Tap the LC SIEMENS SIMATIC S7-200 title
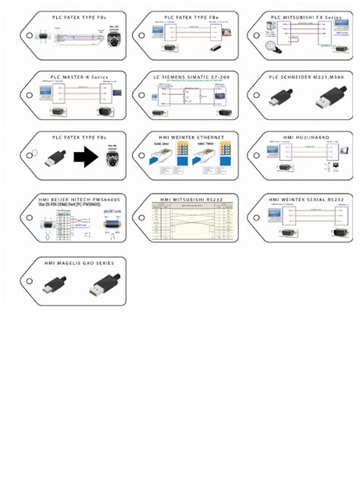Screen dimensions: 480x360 point(188,77)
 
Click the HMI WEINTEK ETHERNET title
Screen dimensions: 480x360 point(188,137)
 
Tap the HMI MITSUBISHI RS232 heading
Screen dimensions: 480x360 point(188,198)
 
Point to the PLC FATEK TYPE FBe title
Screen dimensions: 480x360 point(188,15)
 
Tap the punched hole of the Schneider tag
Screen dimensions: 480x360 point(255,96)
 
